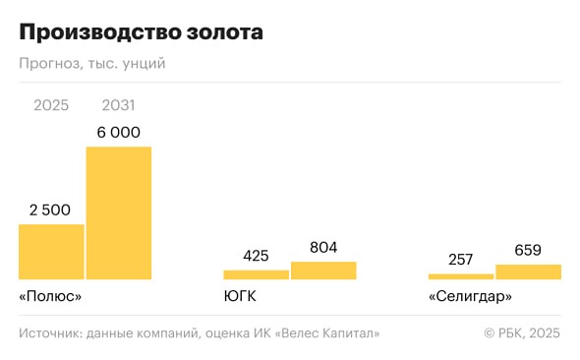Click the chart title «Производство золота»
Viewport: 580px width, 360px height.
coord(141,32)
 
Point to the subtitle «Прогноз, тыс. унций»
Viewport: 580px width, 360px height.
coord(91,64)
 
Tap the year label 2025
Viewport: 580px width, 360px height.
coord(51,105)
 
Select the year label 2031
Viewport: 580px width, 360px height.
coord(118,105)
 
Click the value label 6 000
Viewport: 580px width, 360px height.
coord(118,133)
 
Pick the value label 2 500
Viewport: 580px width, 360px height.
coord(51,210)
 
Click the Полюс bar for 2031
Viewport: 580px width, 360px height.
coord(119,212)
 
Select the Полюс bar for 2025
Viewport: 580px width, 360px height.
coord(51,252)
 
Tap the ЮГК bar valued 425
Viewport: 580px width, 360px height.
coord(256,274)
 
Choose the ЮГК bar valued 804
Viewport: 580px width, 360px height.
coord(323,270)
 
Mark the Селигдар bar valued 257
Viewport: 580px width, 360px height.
coord(461,276)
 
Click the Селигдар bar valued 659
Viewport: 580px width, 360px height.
coord(528,271)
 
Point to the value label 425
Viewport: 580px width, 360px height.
coord(256,256)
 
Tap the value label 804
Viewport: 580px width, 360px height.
coord(323,248)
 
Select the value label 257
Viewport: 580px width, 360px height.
coord(461,260)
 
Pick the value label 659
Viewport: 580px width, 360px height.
coord(528,250)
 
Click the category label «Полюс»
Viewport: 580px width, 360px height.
coord(49,296)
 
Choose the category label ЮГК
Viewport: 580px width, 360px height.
coord(240,296)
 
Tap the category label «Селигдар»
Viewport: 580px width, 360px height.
coord(470,296)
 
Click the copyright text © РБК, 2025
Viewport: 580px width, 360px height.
coord(521,334)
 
